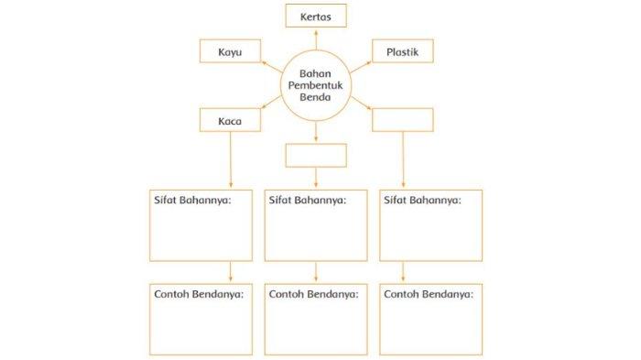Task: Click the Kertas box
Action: pos(316,16)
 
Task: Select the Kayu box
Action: pos(230,52)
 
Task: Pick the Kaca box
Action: pos(230,121)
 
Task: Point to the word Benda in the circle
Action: pos(316,98)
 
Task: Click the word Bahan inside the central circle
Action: pos(316,73)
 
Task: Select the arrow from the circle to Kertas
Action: pos(316,38)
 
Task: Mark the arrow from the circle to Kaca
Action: pos(272,108)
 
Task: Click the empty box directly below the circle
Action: pos(316,155)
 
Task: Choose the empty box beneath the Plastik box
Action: pos(403,121)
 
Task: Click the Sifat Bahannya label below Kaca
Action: pos(191,199)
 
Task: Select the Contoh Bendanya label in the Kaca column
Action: pos(197,294)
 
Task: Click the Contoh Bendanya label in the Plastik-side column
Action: pos(429,294)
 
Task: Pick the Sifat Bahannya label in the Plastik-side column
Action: pos(422,199)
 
